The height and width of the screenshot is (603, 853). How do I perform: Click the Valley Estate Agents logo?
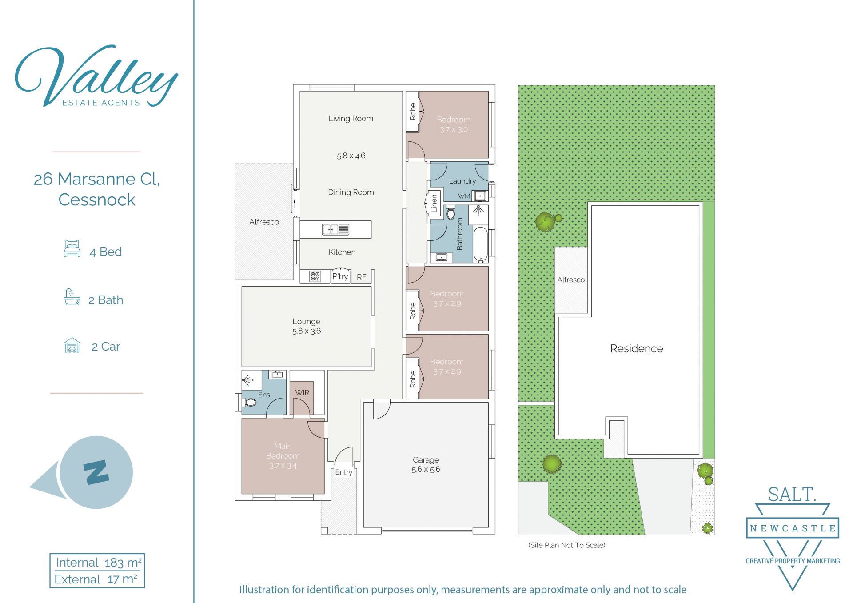(x=96, y=76)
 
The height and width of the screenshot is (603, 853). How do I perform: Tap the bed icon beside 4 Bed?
(x=72, y=249)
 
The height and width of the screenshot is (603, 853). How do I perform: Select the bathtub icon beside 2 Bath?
(x=72, y=297)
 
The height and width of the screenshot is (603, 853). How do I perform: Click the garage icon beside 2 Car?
(x=72, y=345)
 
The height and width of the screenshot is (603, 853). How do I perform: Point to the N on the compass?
(x=96, y=472)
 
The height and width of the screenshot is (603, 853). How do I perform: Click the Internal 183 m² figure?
(x=98, y=563)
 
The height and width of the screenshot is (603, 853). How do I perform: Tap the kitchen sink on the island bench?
(x=335, y=229)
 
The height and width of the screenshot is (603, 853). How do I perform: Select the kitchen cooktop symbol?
(x=315, y=277)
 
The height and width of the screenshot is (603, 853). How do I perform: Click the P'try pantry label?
(x=340, y=276)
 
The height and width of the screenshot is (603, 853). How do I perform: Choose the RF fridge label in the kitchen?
(x=362, y=277)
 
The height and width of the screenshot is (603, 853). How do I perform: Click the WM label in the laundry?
(x=464, y=196)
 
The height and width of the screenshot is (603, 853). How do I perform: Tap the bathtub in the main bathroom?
(x=480, y=244)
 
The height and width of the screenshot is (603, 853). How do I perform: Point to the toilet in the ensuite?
(x=250, y=403)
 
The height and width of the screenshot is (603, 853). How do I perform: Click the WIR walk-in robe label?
(x=302, y=392)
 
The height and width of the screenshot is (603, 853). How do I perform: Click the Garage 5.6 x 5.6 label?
(x=426, y=464)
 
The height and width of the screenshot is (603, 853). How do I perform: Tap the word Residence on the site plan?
(x=636, y=348)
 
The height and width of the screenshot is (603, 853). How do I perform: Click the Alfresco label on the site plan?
(x=571, y=280)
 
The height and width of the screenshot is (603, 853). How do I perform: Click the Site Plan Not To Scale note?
(x=566, y=545)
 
